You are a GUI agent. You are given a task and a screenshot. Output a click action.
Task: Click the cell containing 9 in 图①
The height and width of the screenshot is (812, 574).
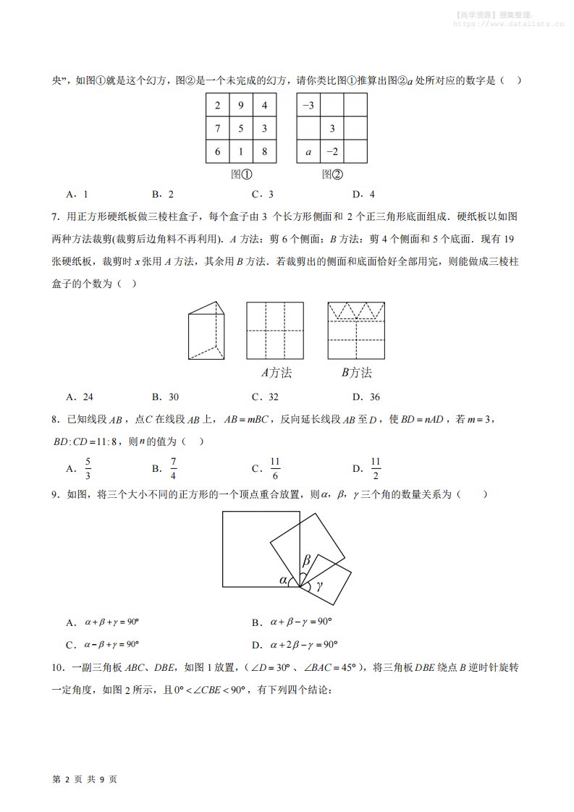(241, 106)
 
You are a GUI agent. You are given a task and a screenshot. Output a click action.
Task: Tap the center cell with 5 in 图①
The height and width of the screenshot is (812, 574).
(241, 129)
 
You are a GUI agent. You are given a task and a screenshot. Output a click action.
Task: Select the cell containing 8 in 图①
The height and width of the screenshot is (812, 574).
(264, 152)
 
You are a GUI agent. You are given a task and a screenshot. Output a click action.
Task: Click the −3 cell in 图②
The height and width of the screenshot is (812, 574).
(308, 106)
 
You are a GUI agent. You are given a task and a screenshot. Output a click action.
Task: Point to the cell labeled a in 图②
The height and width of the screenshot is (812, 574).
(308, 152)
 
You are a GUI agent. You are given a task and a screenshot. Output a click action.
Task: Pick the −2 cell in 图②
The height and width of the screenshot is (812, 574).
(332, 152)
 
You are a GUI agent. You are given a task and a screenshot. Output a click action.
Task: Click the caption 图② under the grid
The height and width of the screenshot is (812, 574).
(332, 174)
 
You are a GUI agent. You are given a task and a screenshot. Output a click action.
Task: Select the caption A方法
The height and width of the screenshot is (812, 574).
(277, 373)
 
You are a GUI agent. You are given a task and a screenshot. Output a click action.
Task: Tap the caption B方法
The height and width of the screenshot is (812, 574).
(356, 373)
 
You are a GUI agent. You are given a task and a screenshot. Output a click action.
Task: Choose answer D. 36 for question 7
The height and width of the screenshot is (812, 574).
(366, 397)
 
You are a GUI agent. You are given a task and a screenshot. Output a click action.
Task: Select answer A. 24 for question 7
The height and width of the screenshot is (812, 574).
(80, 397)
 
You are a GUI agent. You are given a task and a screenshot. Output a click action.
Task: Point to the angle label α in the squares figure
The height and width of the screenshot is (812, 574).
(283, 580)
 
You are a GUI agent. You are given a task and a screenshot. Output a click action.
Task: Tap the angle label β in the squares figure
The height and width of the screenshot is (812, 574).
(306, 560)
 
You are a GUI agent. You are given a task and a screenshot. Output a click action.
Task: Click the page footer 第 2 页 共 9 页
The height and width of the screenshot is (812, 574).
(85, 779)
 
